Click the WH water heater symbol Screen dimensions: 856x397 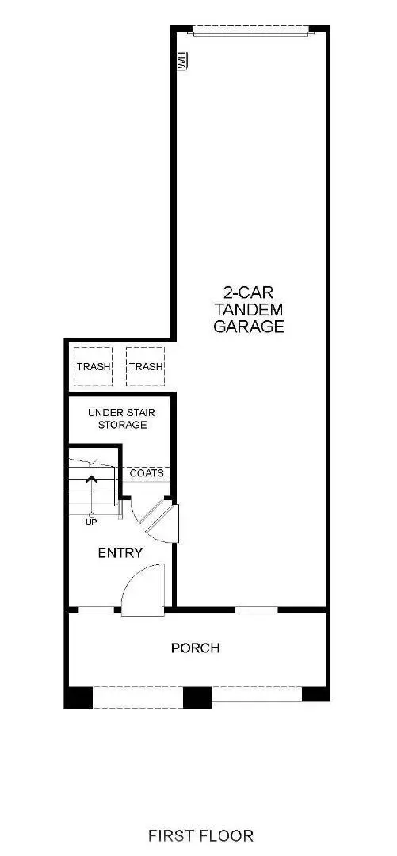pyautogui.click(x=181, y=61)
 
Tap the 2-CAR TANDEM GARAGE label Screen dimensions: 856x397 pyautogui.click(x=249, y=308)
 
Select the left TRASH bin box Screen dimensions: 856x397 pyautogui.click(x=93, y=366)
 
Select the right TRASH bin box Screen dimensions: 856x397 pyautogui.click(x=146, y=366)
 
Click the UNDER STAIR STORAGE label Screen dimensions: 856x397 pyautogui.click(x=117, y=418)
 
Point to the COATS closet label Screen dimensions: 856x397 pyautogui.click(x=147, y=473)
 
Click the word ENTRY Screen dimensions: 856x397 pyautogui.click(x=120, y=552)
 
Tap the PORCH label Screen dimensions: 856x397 pyautogui.click(x=196, y=648)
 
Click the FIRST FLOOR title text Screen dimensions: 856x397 pyautogui.click(x=201, y=835)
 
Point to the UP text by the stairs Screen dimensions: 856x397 pyautogui.click(x=92, y=522)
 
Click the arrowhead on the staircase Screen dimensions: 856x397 pyautogui.click(x=91, y=479)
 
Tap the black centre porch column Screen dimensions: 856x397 pyautogui.click(x=197, y=697)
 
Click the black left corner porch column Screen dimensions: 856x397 pyautogui.click(x=78, y=697)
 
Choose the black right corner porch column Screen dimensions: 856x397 pyautogui.click(x=315, y=695)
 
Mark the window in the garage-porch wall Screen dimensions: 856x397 pyautogui.click(x=257, y=610)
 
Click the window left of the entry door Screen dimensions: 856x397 pyautogui.click(x=95, y=610)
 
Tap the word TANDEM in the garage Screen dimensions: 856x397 pyautogui.click(x=249, y=308)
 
